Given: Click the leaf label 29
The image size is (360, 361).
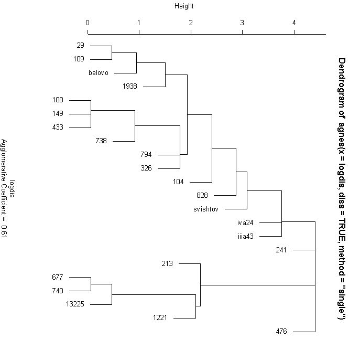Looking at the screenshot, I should coord(80,46).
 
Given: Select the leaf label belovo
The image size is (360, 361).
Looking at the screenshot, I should coord(99,73).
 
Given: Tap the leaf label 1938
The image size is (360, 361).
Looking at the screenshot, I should coord(130,87).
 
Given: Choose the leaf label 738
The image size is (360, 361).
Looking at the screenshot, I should coord(102,141).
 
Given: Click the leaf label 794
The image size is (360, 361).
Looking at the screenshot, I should coord(146,155).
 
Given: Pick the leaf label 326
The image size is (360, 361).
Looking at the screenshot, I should coord(146,168).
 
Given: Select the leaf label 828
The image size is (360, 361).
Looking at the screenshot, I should coord(202,195).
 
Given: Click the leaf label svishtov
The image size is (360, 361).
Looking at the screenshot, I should coord(206,209).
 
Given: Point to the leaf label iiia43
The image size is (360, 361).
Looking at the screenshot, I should coord(245,236).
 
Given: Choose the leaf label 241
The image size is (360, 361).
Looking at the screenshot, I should coord(281,250).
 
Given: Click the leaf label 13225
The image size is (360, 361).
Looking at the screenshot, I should coord(74,304).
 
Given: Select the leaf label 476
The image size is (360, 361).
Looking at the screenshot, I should coord(281,331).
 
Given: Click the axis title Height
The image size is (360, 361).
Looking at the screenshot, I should coord(183,6).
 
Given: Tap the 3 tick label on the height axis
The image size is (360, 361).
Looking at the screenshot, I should coord(242,23).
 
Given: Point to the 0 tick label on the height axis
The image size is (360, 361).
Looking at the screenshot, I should coord(88,23).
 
